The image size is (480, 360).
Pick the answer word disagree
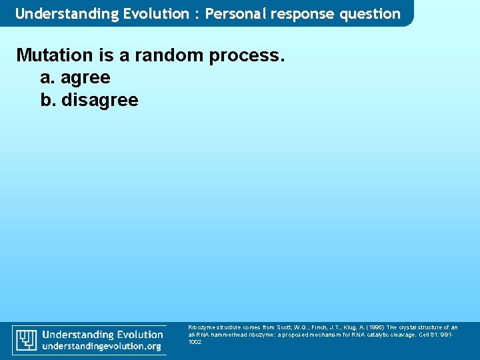pos(99,101)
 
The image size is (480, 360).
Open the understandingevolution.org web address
pos(102,347)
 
